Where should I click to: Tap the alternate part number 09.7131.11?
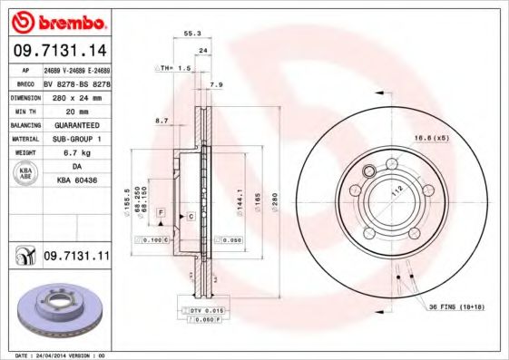[76, 257]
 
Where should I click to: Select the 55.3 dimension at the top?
[191, 34]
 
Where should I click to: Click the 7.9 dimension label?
[216, 85]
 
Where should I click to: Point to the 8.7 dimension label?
[162, 120]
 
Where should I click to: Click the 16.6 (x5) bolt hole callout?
[432, 138]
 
